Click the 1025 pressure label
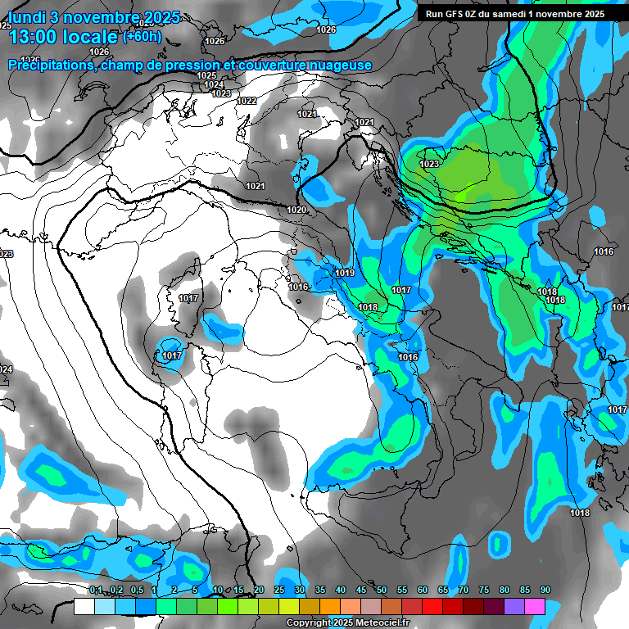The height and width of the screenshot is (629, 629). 206,75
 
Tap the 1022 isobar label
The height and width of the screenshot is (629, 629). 247,101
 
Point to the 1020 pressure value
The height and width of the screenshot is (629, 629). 296,210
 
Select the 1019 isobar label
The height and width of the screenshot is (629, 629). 345,273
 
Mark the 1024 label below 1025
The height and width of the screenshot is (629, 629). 214,84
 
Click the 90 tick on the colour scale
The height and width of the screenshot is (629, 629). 545,590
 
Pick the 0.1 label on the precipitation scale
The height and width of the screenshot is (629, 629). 96,590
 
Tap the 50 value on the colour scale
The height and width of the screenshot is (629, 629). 382,590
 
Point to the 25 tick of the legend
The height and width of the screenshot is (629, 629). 279,590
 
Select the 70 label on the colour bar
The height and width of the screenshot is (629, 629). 464,590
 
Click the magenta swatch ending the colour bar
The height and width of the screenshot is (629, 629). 536,607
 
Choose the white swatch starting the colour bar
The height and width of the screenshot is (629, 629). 84,607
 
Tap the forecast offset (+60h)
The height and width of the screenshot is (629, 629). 143,37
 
